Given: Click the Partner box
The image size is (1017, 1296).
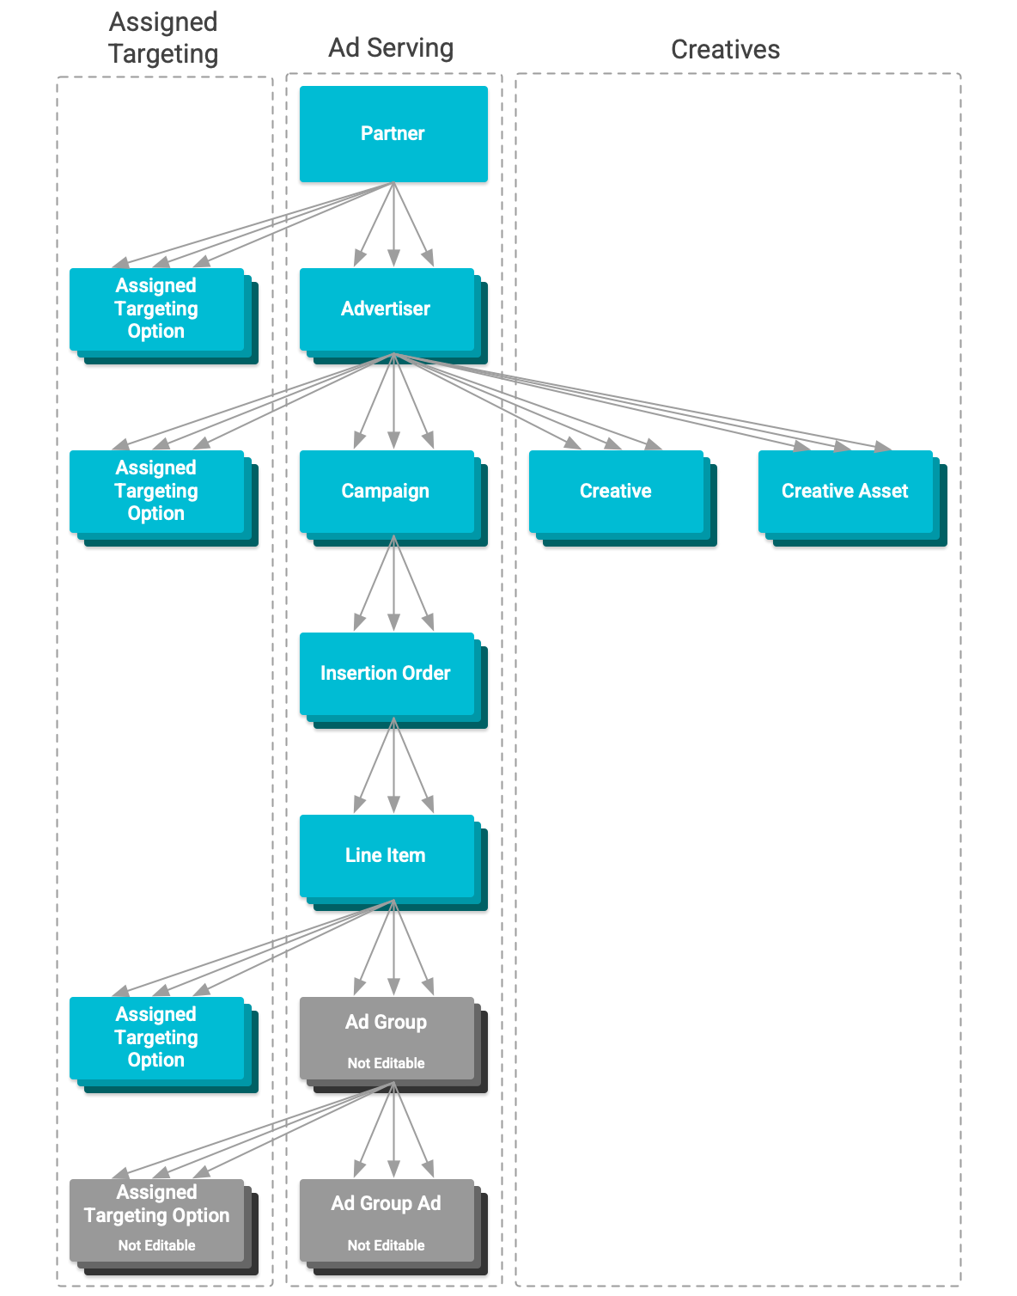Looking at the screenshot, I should [x=393, y=134].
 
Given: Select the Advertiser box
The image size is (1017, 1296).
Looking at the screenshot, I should [x=387, y=309].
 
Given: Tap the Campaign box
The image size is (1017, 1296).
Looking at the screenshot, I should [x=387, y=492].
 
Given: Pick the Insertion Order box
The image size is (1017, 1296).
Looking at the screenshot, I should [x=387, y=674].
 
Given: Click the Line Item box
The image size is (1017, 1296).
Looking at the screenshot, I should [x=387, y=856].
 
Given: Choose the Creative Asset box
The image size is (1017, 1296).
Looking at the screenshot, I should [x=845, y=492].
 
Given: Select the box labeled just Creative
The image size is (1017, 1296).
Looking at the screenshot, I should [x=616, y=492].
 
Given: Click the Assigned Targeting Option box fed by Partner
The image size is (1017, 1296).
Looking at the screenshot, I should [x=157, y=309].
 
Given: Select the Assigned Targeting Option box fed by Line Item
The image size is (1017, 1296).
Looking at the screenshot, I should [x=157, y=1038].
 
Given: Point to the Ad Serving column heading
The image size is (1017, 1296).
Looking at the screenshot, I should [x=391, y=48].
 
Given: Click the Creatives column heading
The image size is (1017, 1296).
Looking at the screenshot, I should [x=725, y=50].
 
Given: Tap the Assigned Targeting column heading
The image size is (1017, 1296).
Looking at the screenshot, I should [x=163, y=38].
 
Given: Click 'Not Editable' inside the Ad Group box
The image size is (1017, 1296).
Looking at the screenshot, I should [x=387, y=1064].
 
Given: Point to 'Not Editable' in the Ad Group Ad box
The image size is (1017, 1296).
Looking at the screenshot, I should [x=387, y=1246].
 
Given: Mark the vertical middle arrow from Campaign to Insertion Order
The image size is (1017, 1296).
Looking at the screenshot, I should [x=393, y=584].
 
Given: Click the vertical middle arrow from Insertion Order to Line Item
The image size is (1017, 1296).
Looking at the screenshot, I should [x=393, y=767].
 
